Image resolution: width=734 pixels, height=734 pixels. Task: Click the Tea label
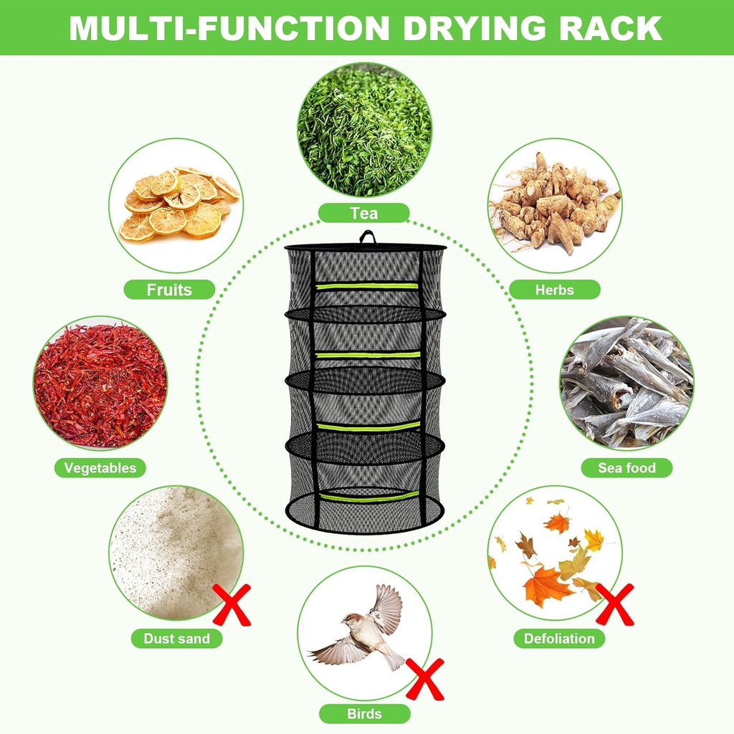(x=363, y=213)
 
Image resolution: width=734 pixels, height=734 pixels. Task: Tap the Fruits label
(x=169, y=290)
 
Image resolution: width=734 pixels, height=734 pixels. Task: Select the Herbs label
(x=554, y=290)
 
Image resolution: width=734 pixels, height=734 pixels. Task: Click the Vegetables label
(x=100, y=468)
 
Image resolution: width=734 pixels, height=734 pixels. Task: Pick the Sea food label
(x=626, y=468)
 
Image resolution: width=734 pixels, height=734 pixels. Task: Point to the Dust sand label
(x=176, y=638)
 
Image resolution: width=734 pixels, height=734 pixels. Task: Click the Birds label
(x=364, y=713)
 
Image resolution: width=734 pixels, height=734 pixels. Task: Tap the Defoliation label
(x=559, y=638)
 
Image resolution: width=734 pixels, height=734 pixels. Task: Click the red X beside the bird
(x=425, y=679)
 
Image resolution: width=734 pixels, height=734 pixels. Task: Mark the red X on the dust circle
(x=232, y=604)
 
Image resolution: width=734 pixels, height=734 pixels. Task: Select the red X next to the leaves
(x=615, y=604)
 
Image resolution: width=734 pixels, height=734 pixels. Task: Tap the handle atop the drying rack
(x=367, y=237)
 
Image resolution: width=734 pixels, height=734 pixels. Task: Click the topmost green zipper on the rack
(x=367, y=285)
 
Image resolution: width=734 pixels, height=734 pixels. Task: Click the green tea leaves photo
(x=364, y=130)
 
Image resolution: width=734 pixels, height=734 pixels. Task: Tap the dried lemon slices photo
(x=176, y=205)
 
